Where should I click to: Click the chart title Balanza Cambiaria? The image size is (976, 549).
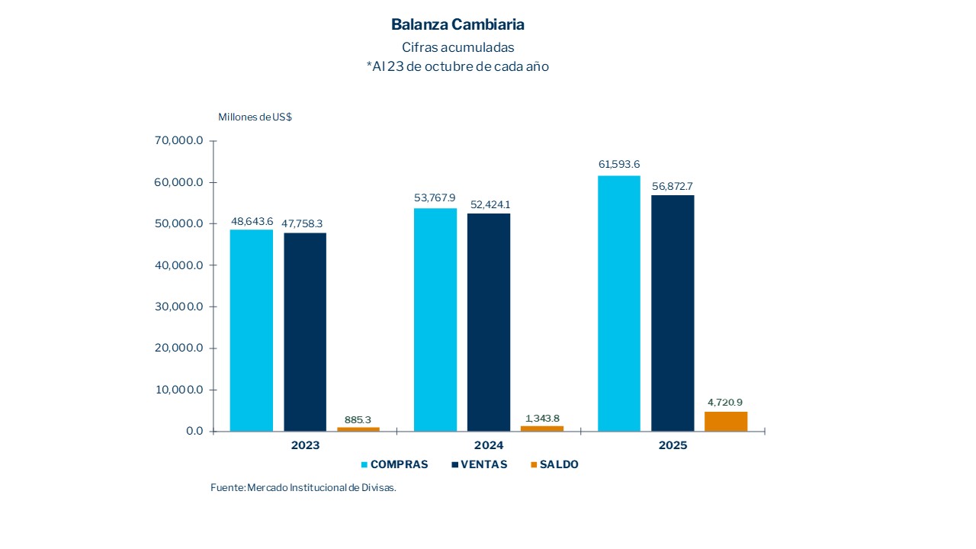pyautogui.click(x=457, y=24)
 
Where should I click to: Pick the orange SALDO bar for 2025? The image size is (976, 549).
pyautogui.click(x=726, y=422)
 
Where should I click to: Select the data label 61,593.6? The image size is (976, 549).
pyautogui.click(x=619, y=164)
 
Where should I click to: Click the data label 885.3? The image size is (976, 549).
pyautogui.click(x=358, y=419)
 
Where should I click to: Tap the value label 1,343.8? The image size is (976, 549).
pyautogui.click(x=542, y=418)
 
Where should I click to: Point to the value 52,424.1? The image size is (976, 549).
pyautogui.click(x=489, y=204)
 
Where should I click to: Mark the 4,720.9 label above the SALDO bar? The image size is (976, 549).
pyautogui.click(x=726, y=402)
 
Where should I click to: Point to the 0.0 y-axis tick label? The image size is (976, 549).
pyautogui.click(x=192, y=431)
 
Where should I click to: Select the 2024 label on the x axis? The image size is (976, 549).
pyautogui.click(x=489, y=445)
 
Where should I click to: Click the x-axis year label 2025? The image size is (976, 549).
pyautogui.click(x=673, y=445)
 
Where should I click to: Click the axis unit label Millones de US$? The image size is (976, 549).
pyautogui.click(x=255, y=117)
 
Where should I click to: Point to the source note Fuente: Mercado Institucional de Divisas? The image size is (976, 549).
pyautogui.click(x=303, y=487)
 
